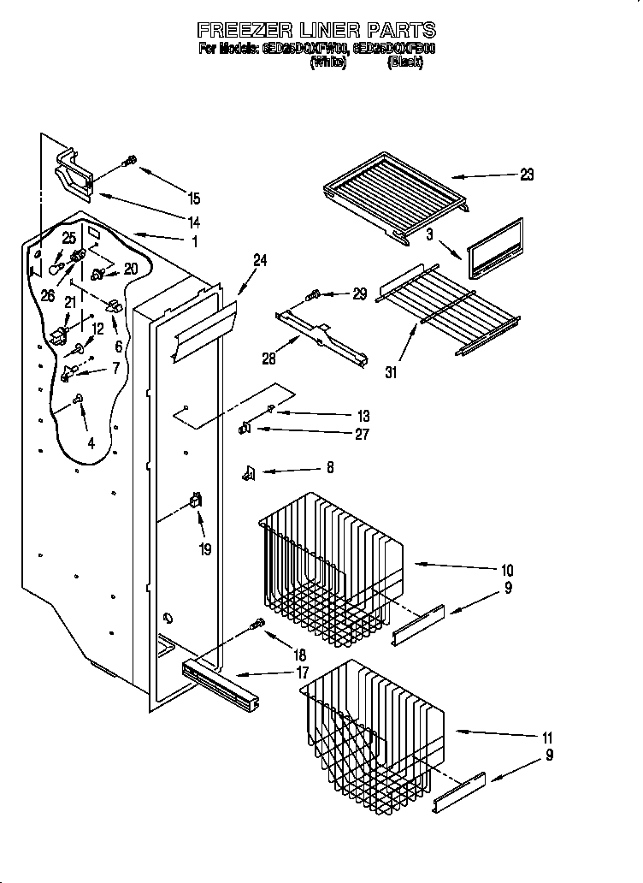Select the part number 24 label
coord(260,260)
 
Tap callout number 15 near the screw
coord(194,199)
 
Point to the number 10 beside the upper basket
coord(507,570)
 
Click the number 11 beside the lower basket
coord(548,738)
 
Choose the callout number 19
coord(205,549)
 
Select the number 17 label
coord(302,673)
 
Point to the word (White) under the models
coord(328,62)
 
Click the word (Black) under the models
coord(405,62)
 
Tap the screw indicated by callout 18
coord(255,626)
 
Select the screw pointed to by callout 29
coord(313,295)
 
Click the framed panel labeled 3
coord(495,247)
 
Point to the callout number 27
coord(363,434)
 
